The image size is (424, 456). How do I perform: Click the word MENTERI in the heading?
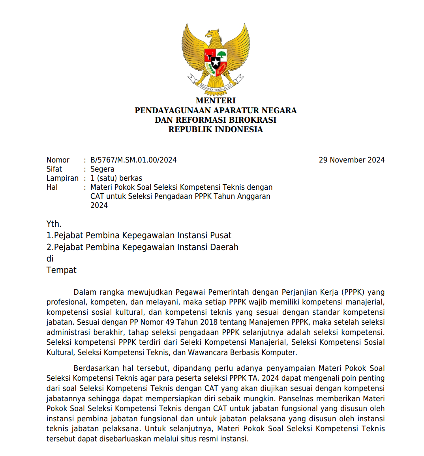[x=216, y=101]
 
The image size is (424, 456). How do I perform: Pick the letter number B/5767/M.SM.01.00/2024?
[x=133, y=160]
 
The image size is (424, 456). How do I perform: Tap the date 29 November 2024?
[x=351, y=160]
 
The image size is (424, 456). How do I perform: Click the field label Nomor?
[x=58, y=160]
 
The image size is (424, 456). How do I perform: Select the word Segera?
[x=102, y=169]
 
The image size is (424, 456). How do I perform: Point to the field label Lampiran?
[x=62, y=178]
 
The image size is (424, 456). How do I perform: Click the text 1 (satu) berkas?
[x=116, y=178]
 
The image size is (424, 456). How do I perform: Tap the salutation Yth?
[x=54, y=224]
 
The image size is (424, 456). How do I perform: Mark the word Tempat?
[x=61, y=270]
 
